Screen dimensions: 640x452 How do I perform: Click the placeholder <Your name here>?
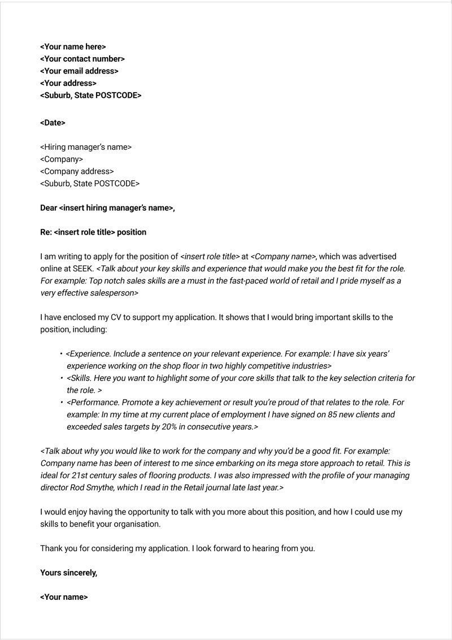point(73,47)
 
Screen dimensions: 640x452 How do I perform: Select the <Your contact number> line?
point(82,59)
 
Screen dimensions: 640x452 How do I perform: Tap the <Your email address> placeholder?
point(79,71)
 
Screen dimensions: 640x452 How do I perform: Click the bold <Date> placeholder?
point(53,123)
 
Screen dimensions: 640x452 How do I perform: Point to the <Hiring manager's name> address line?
point(86,147)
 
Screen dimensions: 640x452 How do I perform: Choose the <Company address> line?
point(77,171)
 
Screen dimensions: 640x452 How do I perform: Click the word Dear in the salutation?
point(49,208)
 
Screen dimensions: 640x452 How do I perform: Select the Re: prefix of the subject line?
point(46,232)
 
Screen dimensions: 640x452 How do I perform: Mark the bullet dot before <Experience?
point(61,354)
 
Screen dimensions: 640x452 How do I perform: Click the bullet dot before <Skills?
point(61,378)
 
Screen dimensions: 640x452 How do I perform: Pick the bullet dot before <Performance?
point(61,403)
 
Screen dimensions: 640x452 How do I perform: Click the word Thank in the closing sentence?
point(51,548)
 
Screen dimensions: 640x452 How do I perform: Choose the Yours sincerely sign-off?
point(68,573)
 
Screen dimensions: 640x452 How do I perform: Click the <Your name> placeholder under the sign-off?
point(64,597)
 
